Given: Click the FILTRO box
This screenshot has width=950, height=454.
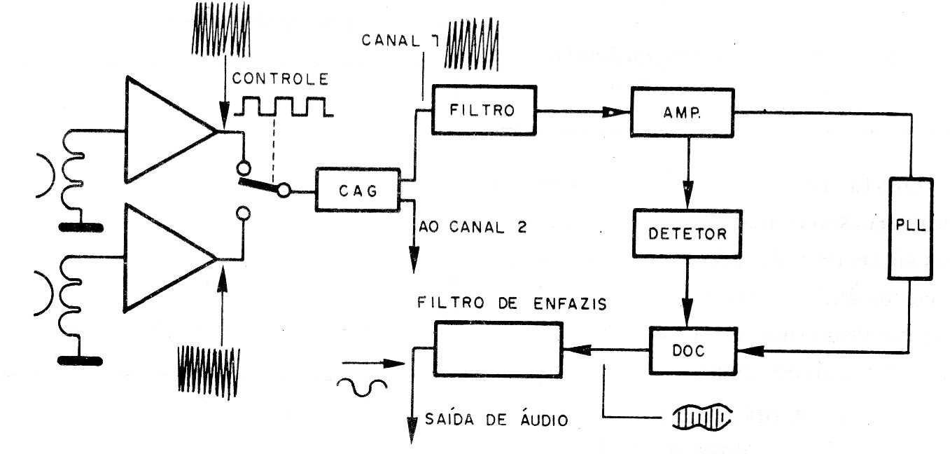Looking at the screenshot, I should pos(482,110).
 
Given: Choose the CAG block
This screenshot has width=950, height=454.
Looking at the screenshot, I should pos(357,189).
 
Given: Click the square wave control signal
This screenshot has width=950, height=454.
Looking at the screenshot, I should pos(286,106).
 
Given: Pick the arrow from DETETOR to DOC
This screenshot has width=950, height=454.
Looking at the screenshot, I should pos(687,294).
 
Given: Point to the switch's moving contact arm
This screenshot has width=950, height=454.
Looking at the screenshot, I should pos(259,185).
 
